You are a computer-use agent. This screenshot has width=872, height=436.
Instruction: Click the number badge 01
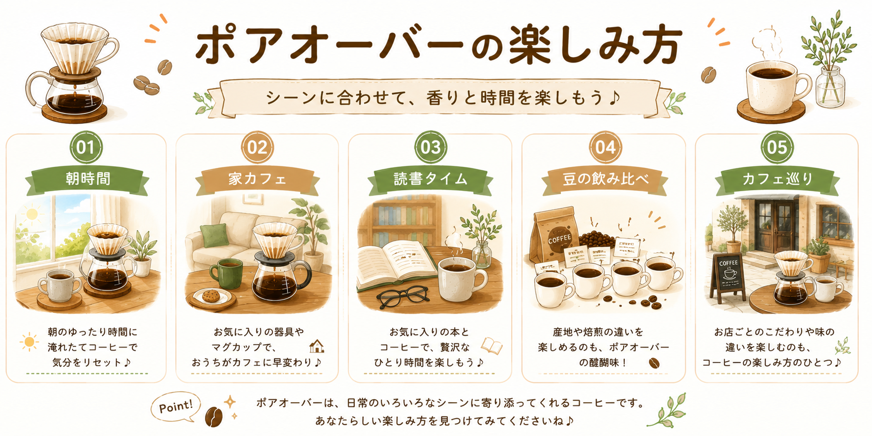(x=86, y=147)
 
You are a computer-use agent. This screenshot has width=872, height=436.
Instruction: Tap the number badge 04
(x=605, y=147)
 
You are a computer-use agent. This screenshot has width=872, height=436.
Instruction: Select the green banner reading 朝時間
(x=87, y=179)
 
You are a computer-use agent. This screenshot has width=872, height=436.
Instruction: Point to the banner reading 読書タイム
(x=431, y=179)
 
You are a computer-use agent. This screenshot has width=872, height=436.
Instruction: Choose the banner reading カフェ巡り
(x=778, y=179)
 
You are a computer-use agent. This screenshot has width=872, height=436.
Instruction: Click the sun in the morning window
(x=32, y=214)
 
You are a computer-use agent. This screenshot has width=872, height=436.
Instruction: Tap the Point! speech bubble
(x=175, y=407)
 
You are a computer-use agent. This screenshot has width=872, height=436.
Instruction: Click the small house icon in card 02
(x=317, y=347)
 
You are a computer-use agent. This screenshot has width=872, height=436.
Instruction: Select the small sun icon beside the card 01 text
(x=29, y=342)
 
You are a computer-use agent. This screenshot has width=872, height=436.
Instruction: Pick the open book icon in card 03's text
(x=492, y=346)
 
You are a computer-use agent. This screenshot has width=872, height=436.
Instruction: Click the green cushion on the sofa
(x=214, y=235)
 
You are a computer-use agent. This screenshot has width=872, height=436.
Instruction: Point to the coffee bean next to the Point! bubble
(x=214, y=417)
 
